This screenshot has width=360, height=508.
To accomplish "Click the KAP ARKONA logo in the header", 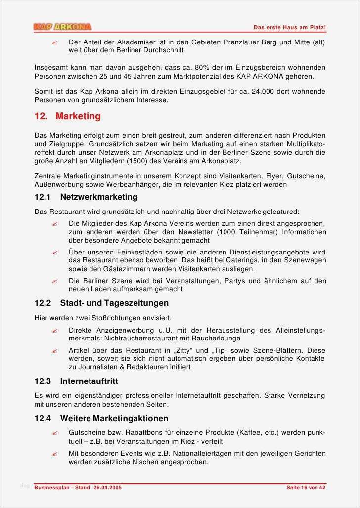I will (x=62, y=27).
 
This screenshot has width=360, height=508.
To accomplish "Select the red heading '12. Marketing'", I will (x=67, y=116).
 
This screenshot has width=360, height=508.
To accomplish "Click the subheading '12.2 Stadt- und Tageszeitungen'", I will (x=101, y=303).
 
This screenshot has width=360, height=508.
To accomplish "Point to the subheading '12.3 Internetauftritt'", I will (x=76, y=381).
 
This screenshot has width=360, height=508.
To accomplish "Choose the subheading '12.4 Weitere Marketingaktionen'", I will (x=101, y=418).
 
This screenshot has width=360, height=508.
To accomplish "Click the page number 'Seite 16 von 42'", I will (x=306, y=488).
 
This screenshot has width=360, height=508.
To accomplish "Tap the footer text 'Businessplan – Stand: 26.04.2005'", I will (x=78, y=488).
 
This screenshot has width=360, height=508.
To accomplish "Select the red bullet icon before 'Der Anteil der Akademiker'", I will (x=55, y=43).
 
